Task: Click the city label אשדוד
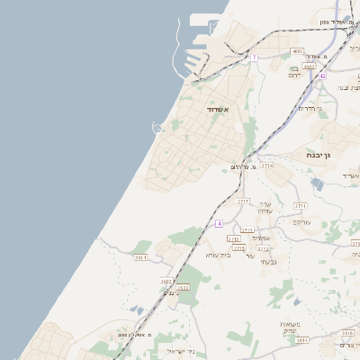pos(219,110)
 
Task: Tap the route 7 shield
pos(254,57)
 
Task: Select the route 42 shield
pos(321,76)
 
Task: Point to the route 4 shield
pos(219,222)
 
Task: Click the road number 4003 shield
pos(297,51)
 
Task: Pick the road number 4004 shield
pos(310,66)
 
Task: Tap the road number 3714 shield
pos(267,166)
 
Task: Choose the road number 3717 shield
pos(243,202)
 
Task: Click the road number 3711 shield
pos(300,205)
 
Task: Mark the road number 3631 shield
pos(140,257)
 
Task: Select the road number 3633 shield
pos(166,281)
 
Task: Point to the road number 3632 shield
pos(183,287)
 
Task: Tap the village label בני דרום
pos(293,72)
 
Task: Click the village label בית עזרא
pos(218,255)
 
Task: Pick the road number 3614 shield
pos(301,340)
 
